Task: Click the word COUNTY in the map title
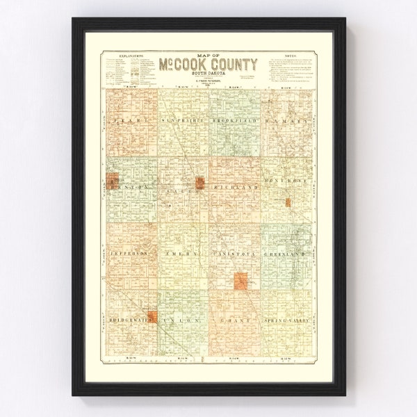point(230,65)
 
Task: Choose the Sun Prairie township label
point(181,122)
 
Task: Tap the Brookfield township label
point(235,122)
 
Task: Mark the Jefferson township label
point(129,255)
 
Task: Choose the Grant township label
point(234,321)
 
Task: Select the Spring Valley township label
point(286,321)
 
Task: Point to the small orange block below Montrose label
point(286,202)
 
